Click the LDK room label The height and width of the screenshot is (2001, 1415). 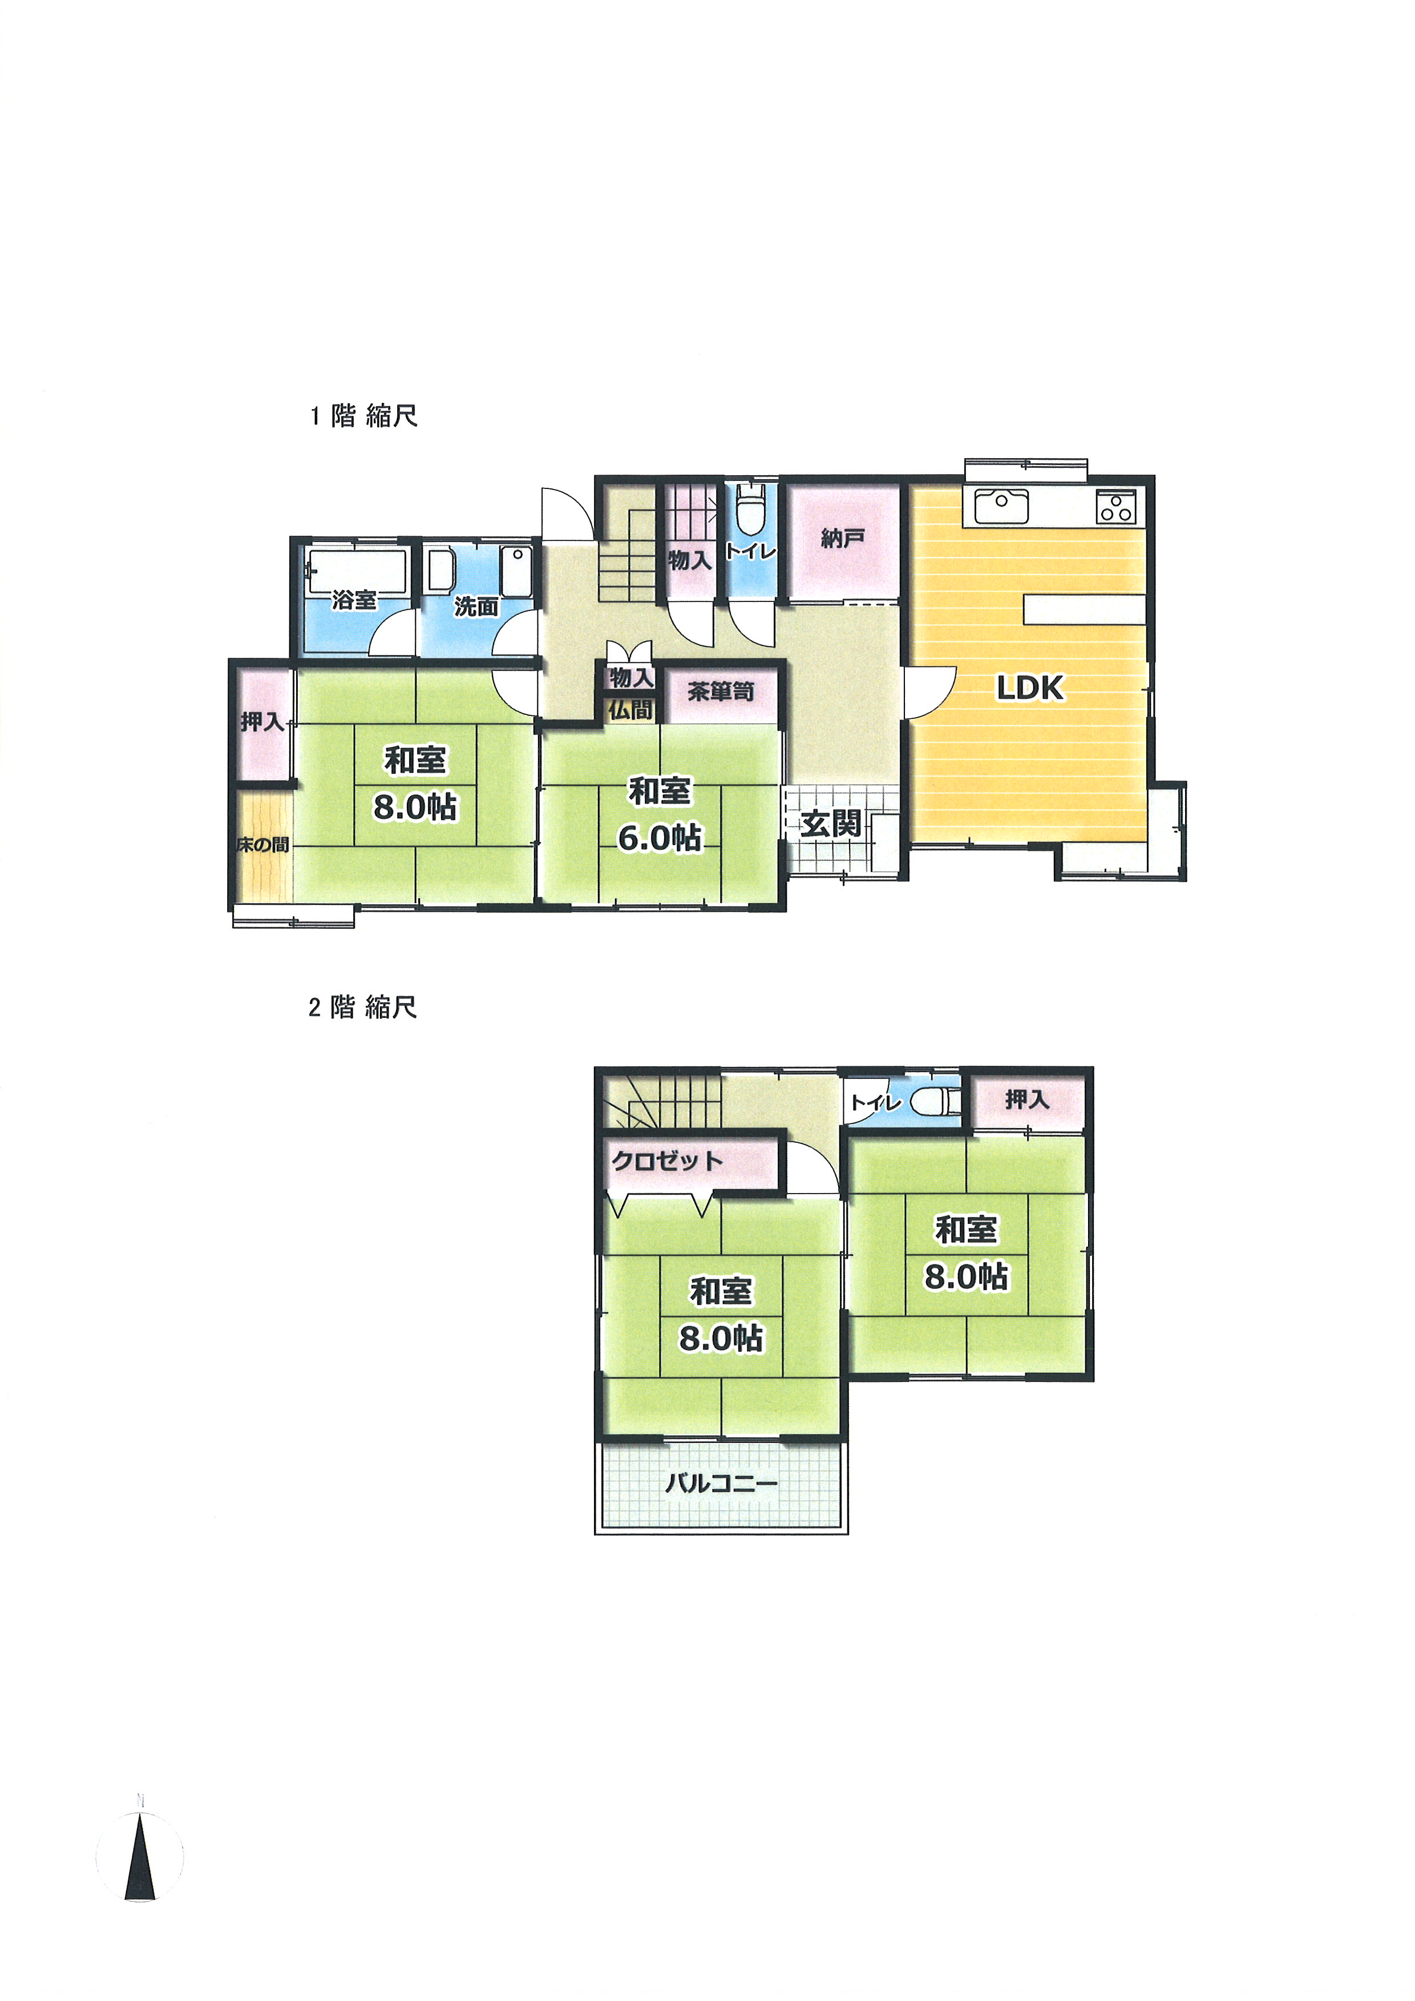[1030, 689]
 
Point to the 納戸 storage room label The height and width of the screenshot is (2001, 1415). [843, 539]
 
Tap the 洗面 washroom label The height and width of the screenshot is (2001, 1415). [476, 607]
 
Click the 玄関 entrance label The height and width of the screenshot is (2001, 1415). [831, 823]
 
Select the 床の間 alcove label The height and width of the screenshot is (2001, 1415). [263, 844]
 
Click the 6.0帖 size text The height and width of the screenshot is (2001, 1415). [660, 838]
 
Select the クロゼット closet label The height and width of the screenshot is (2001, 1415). [668, 1161]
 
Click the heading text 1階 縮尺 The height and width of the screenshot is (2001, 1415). [364, 416]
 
